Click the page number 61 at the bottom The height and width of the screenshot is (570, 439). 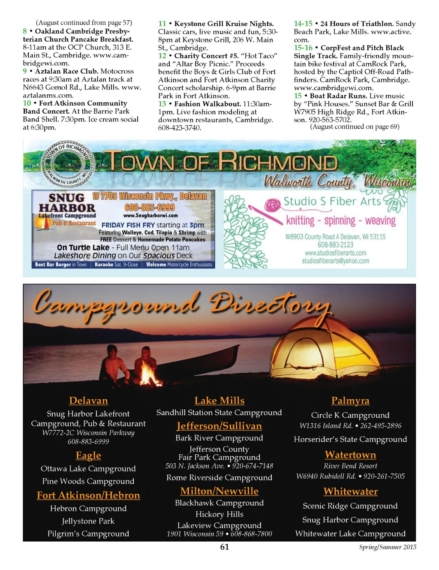(224, 547)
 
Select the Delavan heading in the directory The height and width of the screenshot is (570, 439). (88, 401)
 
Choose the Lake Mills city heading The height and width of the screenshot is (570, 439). (219, 401)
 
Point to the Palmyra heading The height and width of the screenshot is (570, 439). (350, 401)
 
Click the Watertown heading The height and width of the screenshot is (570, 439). (350, 455)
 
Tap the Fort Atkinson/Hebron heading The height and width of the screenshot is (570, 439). (88, 495)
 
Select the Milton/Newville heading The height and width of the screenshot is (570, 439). (219, 491)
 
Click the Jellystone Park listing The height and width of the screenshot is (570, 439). (88, 521)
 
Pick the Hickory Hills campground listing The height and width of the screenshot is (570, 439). (219, 514)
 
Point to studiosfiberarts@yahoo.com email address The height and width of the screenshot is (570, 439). (335, 261)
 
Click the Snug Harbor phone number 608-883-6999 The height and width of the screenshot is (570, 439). (150, 208)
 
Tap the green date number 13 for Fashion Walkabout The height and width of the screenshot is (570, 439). (162, 104)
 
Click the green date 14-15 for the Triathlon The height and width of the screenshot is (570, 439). (303, 24)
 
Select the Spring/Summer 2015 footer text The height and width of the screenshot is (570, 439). (388, 547)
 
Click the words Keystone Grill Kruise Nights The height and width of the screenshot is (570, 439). (224, 24)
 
